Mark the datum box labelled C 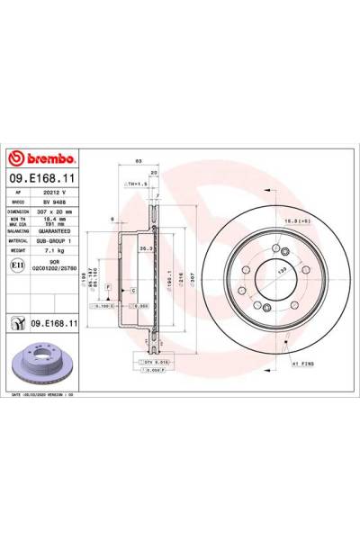pos(132,292)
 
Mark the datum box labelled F pos(108,286)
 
